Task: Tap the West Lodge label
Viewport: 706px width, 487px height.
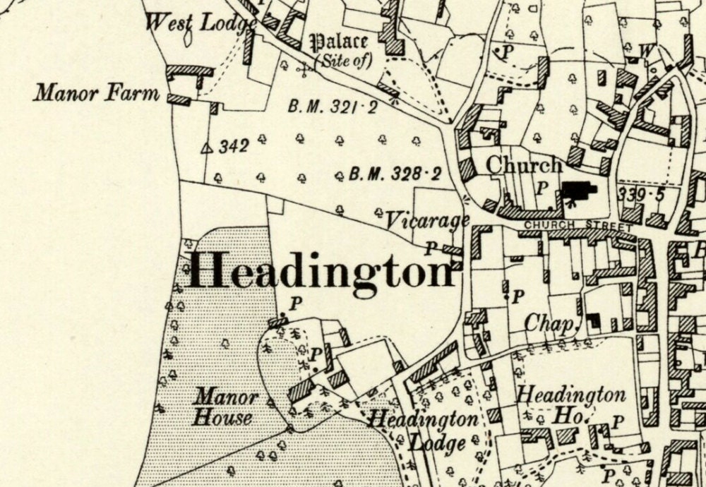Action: [x=199, y=23]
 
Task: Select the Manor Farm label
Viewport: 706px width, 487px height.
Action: [x=97, y=92]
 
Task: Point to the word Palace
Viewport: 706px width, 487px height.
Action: [x=340, y=42]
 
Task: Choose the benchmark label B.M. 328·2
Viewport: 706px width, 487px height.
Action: [x=395, y=174]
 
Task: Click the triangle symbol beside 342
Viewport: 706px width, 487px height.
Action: [x=208, y=148]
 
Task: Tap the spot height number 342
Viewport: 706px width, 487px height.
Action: [x=234, y=146]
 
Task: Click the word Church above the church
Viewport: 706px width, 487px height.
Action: [x=524, y=165]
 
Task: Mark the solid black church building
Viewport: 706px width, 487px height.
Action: [x=578, y=190]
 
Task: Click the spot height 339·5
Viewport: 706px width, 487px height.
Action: [x=640, y=195]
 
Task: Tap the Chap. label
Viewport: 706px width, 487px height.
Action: [x=549, y=324]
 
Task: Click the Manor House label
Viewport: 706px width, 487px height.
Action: [x=225, y=407]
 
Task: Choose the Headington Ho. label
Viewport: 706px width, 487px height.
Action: [x=571, y=405]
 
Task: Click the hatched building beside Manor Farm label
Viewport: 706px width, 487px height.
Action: [x=179, y=100]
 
